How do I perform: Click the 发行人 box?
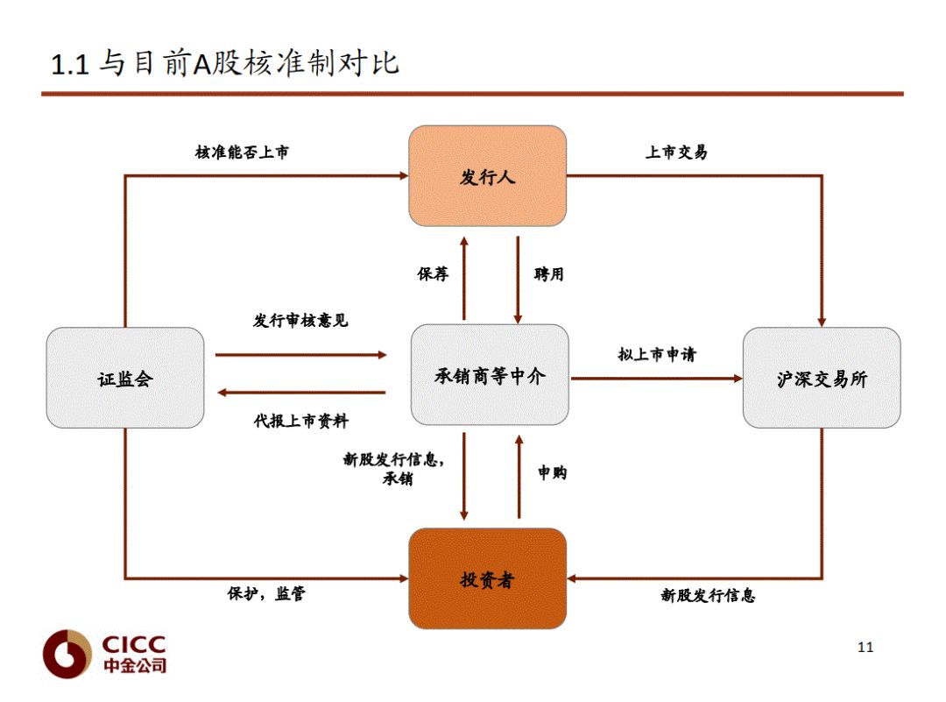488,176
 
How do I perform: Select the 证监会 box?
124,379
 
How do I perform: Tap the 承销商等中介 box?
490,377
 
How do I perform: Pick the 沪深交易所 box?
822,379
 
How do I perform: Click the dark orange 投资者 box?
488,578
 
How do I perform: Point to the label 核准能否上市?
242,152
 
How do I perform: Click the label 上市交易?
676,152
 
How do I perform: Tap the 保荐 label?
433,274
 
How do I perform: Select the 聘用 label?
549,274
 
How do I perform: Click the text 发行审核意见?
300,321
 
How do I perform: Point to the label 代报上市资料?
300,422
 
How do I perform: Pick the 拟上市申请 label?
657,355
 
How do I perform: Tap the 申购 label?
552,473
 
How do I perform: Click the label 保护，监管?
266,594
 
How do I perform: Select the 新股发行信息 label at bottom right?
708,596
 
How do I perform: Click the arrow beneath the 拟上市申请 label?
657,379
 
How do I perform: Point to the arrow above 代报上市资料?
300,393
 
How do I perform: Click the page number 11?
865,648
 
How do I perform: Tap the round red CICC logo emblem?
67,653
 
